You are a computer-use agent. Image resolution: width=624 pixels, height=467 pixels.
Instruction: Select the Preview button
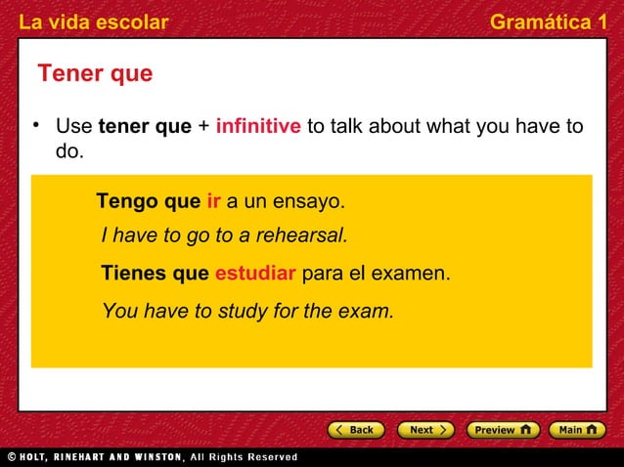502,430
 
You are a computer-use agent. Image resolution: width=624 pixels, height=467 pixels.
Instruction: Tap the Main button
577,430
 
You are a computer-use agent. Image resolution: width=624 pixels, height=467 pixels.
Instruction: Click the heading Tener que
95,74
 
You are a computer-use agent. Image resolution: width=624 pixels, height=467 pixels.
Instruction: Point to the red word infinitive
258,127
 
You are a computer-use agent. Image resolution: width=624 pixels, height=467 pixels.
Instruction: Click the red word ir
214,202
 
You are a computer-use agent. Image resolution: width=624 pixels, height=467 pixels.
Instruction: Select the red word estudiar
254,274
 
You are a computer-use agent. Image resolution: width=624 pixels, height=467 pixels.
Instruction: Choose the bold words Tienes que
155,274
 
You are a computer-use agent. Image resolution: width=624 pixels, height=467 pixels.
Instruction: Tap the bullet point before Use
35,125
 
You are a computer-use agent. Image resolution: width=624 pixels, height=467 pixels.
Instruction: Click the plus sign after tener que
203,127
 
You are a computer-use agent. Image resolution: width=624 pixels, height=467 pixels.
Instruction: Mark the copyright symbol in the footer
11,456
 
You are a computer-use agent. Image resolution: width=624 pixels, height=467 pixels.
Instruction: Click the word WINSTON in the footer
155,456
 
